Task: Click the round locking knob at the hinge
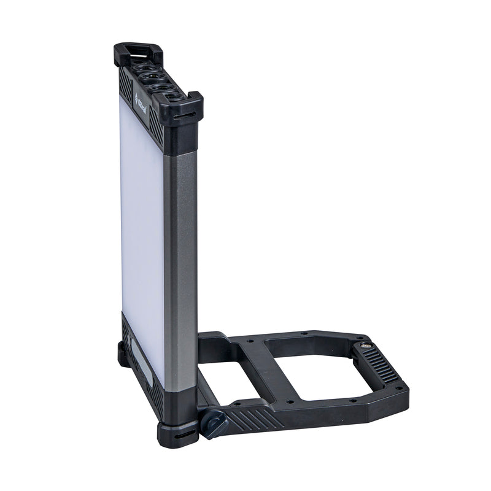click(x=215, y=423)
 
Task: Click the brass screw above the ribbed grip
click(x=366, y=346)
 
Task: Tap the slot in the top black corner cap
click(x=184, y=115)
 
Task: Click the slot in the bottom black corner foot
click(x=178, y=436)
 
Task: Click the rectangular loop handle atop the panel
click(x=139, y=52)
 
